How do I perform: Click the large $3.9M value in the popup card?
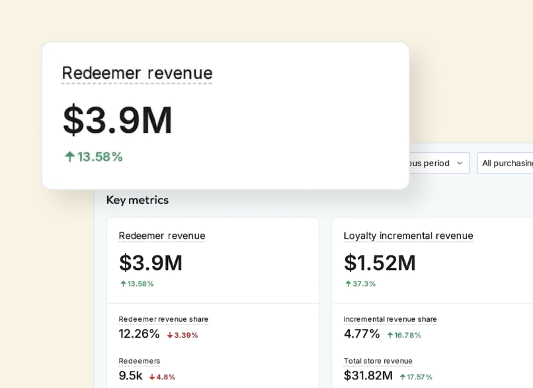point(118,121)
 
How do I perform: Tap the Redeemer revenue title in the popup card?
point(137,73)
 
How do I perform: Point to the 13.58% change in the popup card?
point(94,157)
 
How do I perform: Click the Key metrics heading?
point(138,200)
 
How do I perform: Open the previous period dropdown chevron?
point(460,163)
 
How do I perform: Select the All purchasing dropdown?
point(506,163)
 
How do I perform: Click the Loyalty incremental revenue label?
point(408,236)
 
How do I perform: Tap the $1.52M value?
point(380,263)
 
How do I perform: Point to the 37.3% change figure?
point(360,283)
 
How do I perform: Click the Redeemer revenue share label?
point(163,319)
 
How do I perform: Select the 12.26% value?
point(139,334)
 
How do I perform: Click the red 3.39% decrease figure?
point(183,335)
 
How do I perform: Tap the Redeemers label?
point(140,361)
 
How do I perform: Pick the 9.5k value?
point(130,375)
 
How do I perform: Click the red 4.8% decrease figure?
point(162,377)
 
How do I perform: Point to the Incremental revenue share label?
point(390,319)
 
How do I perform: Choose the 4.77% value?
point(362,334)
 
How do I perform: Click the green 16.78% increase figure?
point(404,335)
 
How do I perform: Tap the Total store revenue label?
point(378,361)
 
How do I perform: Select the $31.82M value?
point(368,375)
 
